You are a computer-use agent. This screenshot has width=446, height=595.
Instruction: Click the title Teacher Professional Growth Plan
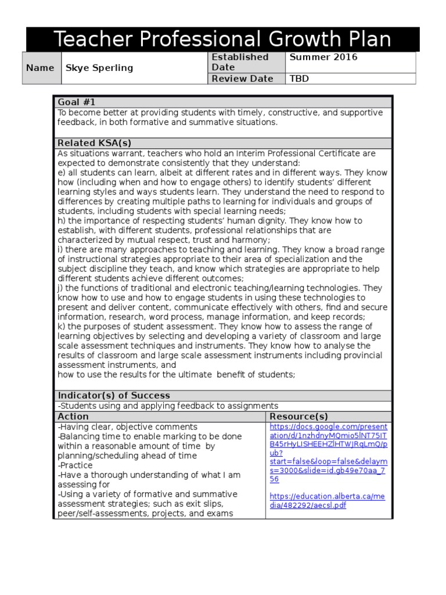click(x=222, y=40)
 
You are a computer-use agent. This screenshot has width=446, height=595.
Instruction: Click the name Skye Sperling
click(x=99, y=68)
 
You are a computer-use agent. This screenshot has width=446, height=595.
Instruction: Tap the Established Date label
click(x=240, y=62)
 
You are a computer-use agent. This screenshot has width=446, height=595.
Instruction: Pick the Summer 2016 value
click(x=323, y=58)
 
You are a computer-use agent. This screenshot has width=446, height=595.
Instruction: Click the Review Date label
click(x=242, y=79)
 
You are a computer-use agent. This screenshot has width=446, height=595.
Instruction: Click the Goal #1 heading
click(x=76, y=102)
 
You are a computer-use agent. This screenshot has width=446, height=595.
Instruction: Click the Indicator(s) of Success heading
click(x=113, y=396)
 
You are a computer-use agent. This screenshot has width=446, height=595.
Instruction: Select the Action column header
click(x=73, y=417)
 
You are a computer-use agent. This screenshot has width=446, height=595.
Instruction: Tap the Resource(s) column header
click(x=298, y=417)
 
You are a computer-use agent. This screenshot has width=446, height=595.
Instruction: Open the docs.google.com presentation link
click(x=328, y=453)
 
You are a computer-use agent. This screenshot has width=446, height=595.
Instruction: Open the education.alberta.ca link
click(x=328, y=501)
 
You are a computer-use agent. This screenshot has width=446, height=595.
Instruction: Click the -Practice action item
click(x=75, y=465)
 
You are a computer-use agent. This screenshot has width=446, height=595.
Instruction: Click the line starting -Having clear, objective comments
click(x=127, y=427)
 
